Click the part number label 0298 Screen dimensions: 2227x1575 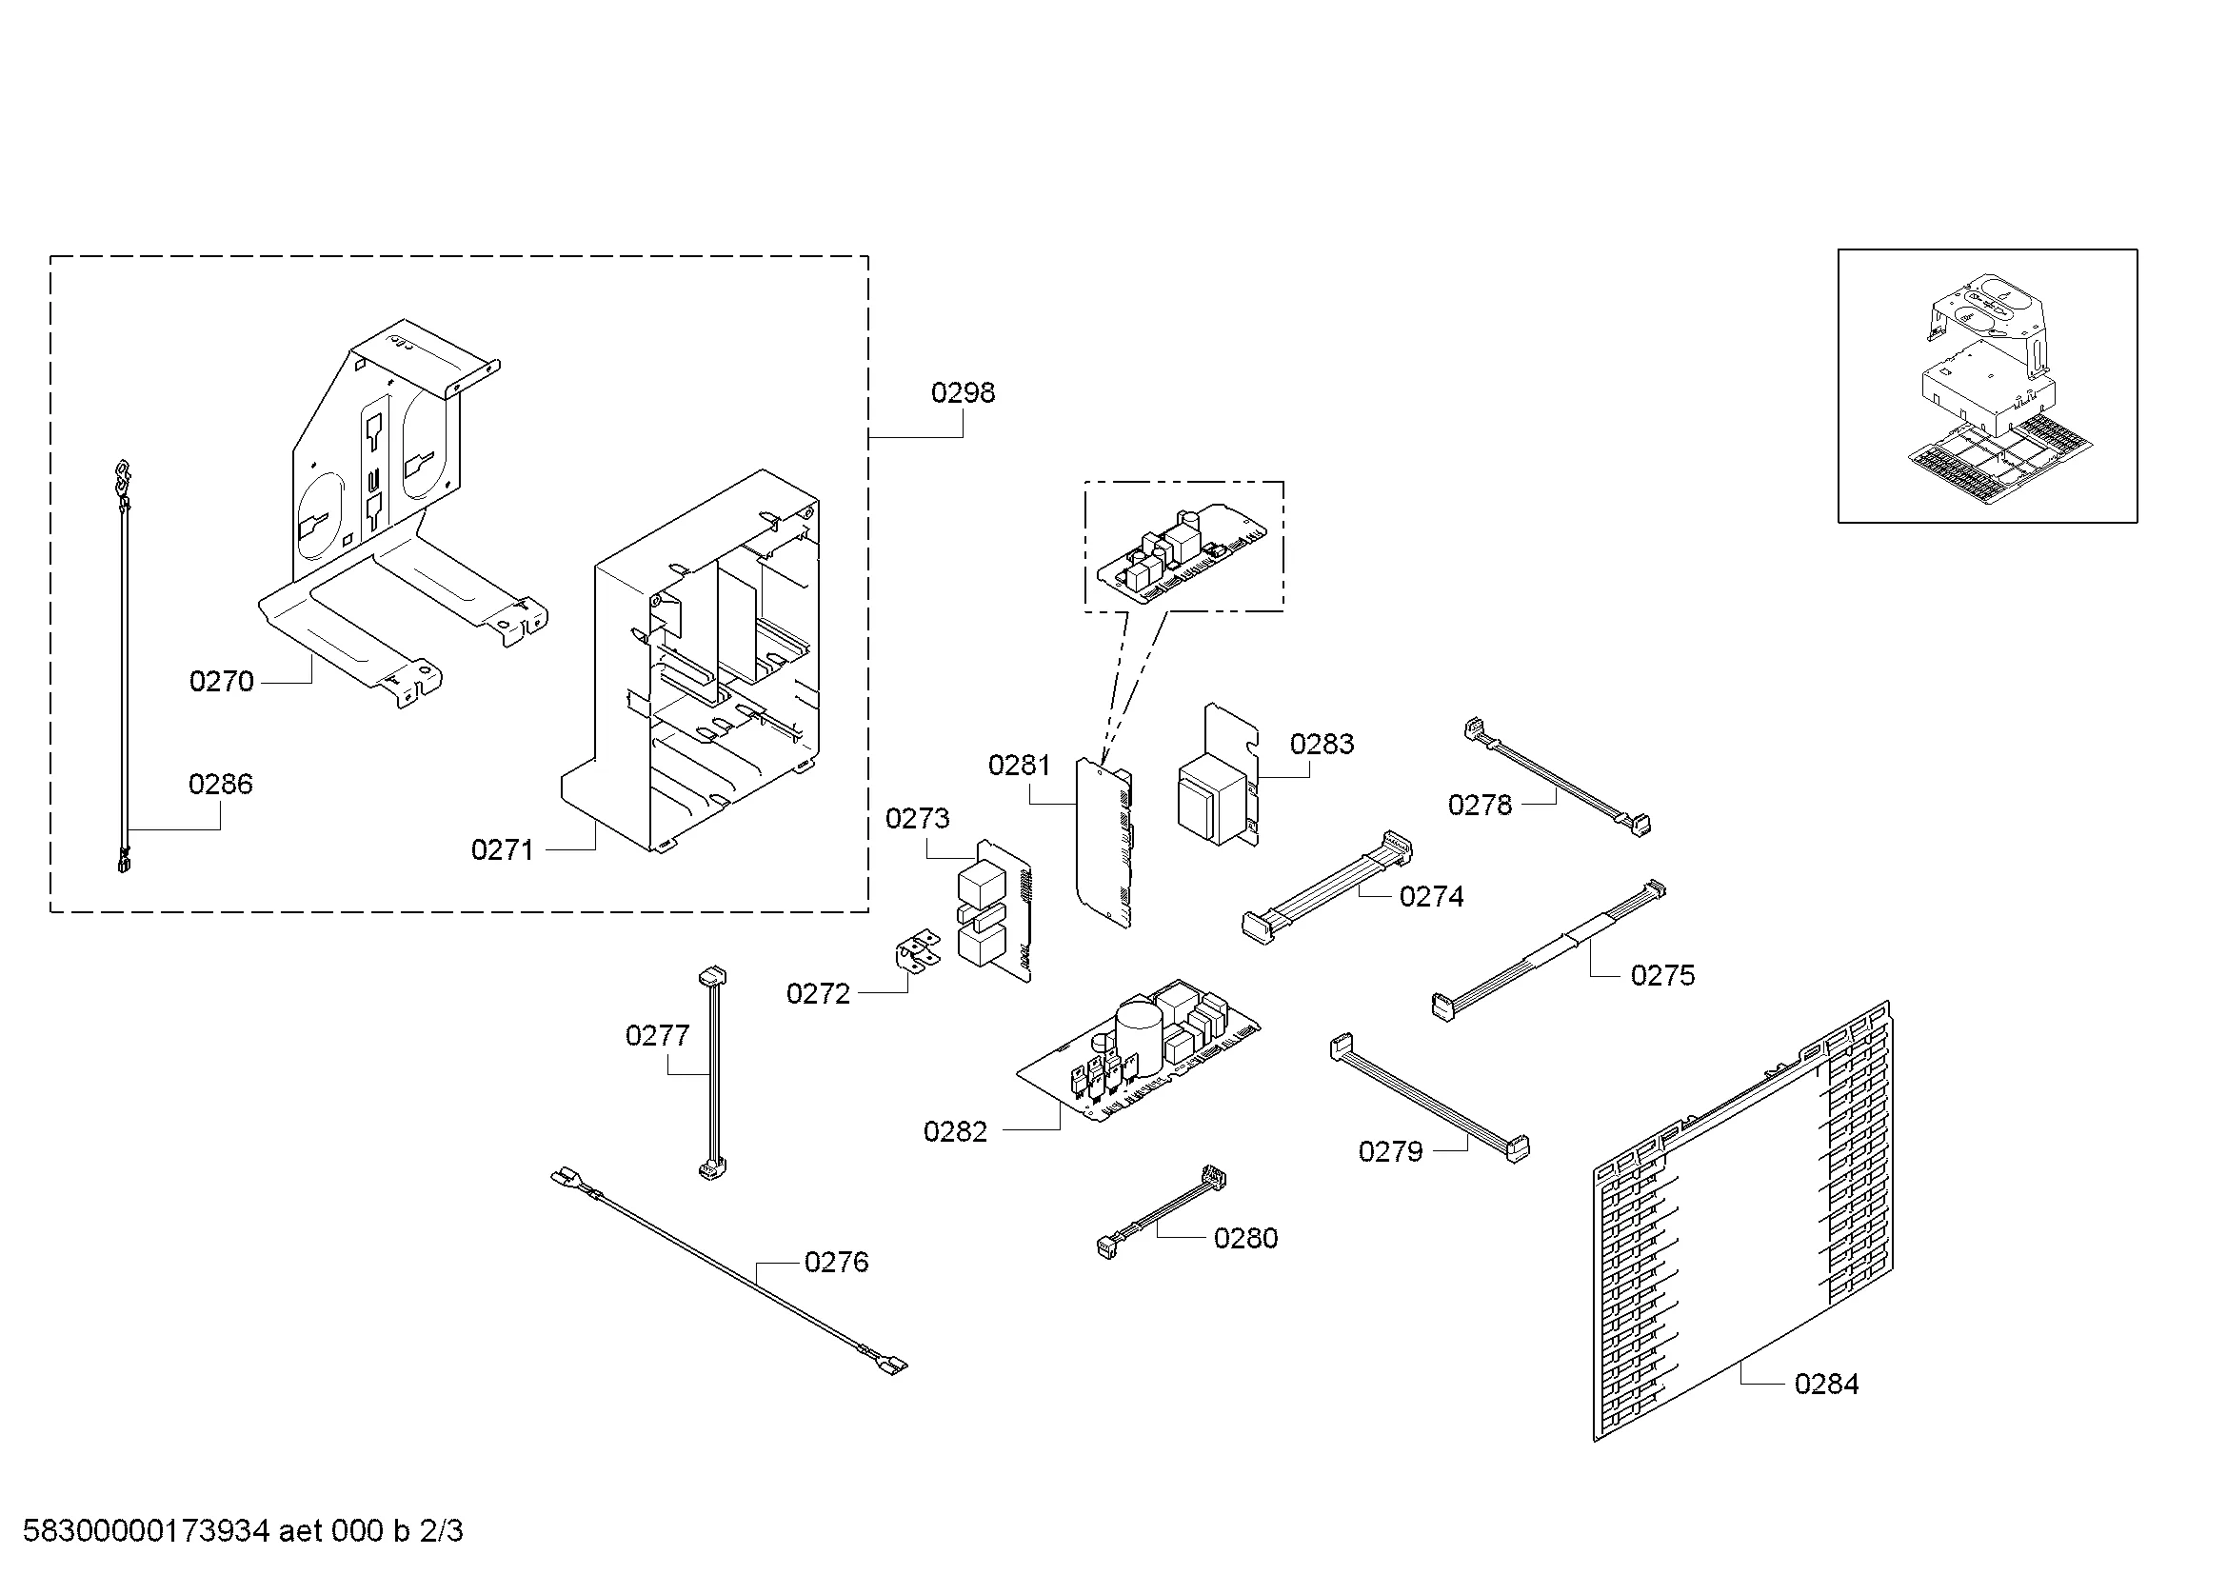963,392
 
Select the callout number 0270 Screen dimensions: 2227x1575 221,682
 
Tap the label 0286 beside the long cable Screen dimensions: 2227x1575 220,784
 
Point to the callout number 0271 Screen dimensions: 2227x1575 503,850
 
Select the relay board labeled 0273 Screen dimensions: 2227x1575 994,910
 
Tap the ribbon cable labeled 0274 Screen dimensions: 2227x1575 1327,887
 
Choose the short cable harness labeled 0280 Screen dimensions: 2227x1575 1160,1213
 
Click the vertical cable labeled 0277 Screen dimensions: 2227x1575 713,1072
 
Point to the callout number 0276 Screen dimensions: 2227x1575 836,1262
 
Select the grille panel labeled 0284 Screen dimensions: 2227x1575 1742,1222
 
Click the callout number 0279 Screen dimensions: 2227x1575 1390,1151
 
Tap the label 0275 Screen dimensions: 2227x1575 1662,975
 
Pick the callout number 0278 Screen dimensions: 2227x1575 1480,805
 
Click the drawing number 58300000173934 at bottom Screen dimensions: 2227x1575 146,1531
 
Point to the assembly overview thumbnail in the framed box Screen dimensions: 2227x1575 1987,385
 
